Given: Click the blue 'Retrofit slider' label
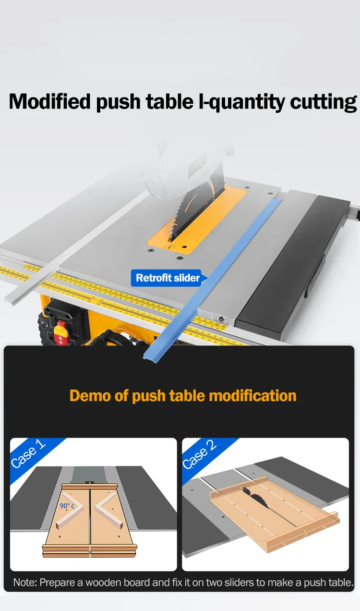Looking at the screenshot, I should [x=168, y=278].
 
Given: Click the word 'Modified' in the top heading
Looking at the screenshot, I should [x=50, y=102].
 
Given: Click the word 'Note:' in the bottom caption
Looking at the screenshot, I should [x=25, y=582].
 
